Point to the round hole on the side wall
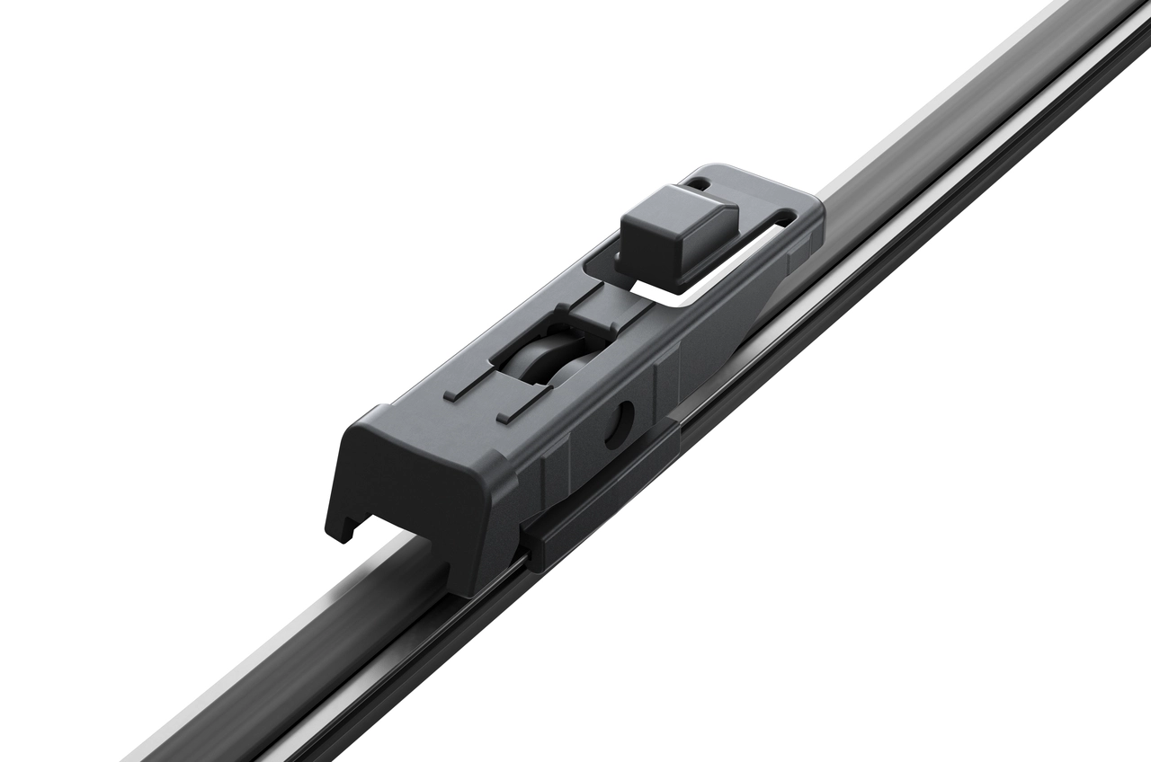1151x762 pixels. pos(620,423)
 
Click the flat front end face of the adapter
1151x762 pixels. pos(405,477)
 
